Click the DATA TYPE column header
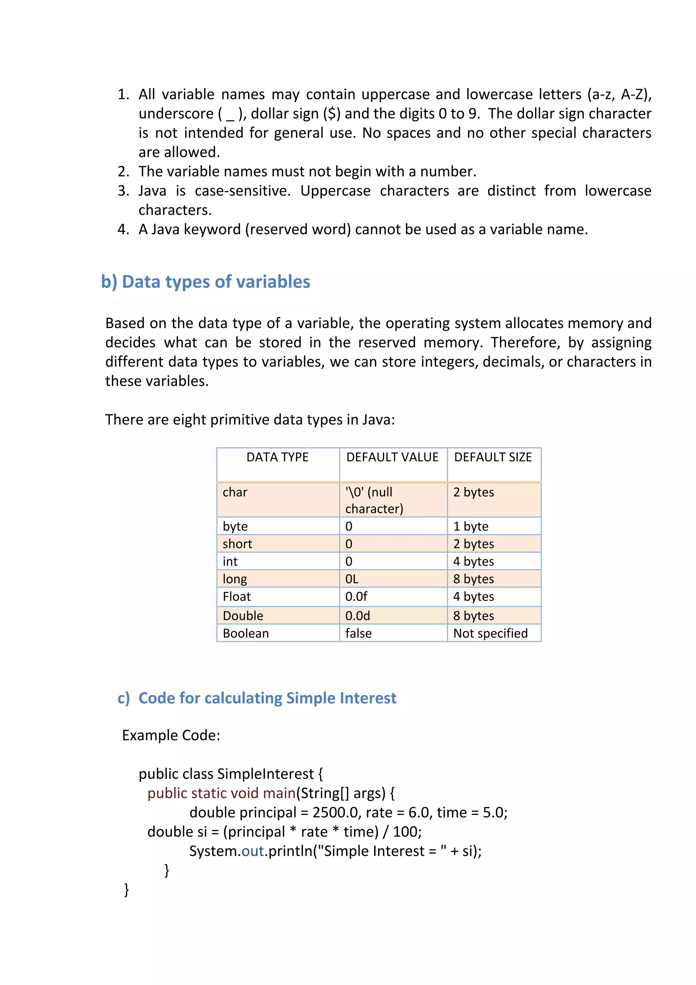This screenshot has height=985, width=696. pyautogui.click(x=277, y=457)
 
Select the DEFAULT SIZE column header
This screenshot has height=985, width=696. pyautogui.click(x=493, y=457)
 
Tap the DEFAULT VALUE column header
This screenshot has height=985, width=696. pyautogui.click(x=393, y=457)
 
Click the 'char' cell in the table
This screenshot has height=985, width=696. pyautogui.click(x=235, y=492)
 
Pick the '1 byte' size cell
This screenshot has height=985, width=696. pyautogui.click(x=471, y=526)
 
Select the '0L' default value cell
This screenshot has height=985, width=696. pyautogui.click(x=352, y=579)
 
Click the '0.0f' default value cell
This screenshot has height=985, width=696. pyautogui.click(x=356, y=597)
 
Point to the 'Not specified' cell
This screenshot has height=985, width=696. pyautogui.click(x=490, y=634)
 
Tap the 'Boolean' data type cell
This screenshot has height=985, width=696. pyautogui.click(x=246, y=634)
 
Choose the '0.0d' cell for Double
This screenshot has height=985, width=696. pyautogui.click(x=358, y=616)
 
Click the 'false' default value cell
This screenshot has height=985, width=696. pyautogui.click(x=359, y=634)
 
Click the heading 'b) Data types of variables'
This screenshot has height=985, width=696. pyautogui.click(x=205, y=282)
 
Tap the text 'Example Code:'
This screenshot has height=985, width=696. pyautogui.click(x=171, y=735)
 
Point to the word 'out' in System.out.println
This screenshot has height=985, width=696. pyautogui.click(x=253, y=851)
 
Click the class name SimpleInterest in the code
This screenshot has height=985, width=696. pyautogui.click(x=266, y=774)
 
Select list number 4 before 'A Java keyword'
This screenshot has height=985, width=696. pyautogui.click(x=123, y=230)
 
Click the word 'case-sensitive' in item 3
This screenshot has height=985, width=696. pyautogui.click(x=242, y=191)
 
